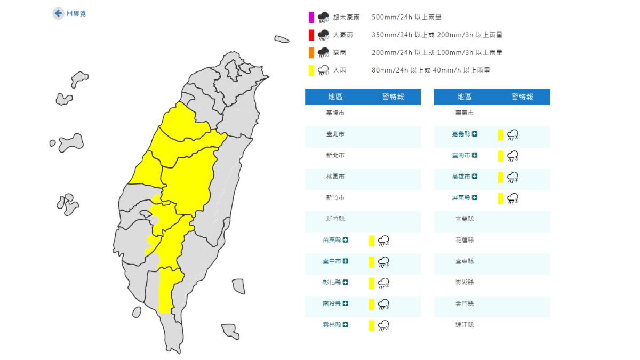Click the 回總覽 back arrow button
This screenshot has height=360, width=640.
pyautogui.click(x=58, y=13)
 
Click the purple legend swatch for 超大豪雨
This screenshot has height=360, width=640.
pyautogui.click(x=311, y=18)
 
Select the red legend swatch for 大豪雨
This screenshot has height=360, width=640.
pyautogui.click(x=311, y=35)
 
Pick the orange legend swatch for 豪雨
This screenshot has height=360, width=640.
pyautogui.click(x=311, y=53)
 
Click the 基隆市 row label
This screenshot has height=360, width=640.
pyautogui.click(x=335, y=113)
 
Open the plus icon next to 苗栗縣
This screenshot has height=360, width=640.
pyautogui.click(x=346, y=241)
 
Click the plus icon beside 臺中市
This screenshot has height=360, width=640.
pyautogui.click(x=346, y=261)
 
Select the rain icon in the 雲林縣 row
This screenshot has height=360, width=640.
pyautogui.click(x=383, y=325)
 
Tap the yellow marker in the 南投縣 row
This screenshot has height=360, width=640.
pyautogui.click(x=372, y=304)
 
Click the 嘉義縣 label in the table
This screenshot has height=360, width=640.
pyautogui.click(x=460, y=134)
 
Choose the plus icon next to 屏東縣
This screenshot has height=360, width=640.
pyautogui.click(x=475, y=198)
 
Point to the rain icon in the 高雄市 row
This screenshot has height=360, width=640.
pyautogui.click(x=513, y=177)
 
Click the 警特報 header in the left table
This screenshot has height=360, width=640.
pyautogui.click(x=393, y=97)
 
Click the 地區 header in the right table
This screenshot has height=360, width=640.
pyautogui.click(x=465, y=97)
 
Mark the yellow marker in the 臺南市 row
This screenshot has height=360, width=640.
pyautogui.click(x=501, y=156)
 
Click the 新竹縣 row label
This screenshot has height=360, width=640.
pyautogui.click(x=335, y=219)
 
